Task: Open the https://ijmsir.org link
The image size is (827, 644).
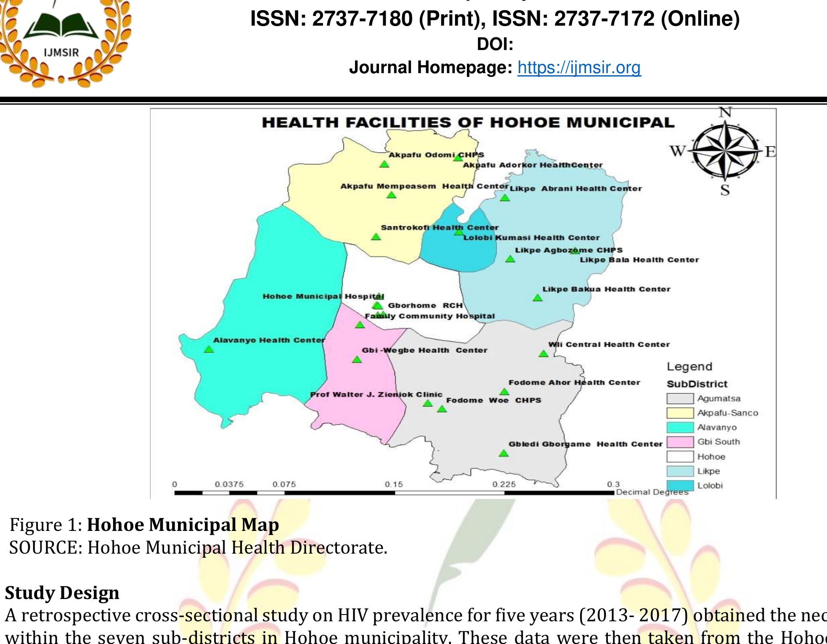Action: point(579,67)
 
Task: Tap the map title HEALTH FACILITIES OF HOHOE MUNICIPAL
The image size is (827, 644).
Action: point(468,122)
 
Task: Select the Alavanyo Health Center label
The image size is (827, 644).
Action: point(269,340)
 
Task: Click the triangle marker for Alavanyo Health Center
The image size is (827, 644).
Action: point(209,349)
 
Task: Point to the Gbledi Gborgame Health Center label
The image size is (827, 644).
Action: point(586,444)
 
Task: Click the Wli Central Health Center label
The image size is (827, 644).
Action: point(609,345)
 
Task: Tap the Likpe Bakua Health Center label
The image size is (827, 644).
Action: point(606,289)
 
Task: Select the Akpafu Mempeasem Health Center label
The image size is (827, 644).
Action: point(425,186)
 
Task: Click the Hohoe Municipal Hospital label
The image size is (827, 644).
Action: point(323,296)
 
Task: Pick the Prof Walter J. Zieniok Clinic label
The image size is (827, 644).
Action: point(376,394)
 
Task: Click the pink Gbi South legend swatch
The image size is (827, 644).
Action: point(680,442)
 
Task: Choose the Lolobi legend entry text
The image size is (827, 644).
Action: point(710,486)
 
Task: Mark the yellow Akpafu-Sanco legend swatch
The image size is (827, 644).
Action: point(680,413)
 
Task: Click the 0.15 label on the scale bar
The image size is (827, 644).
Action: point(394,484)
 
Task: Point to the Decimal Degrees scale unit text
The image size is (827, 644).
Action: point(652,492)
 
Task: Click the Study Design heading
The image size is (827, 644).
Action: point(62,593)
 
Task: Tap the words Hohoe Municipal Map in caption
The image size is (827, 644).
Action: point(183,525)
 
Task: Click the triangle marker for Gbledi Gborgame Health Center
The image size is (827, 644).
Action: point(504,453)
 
